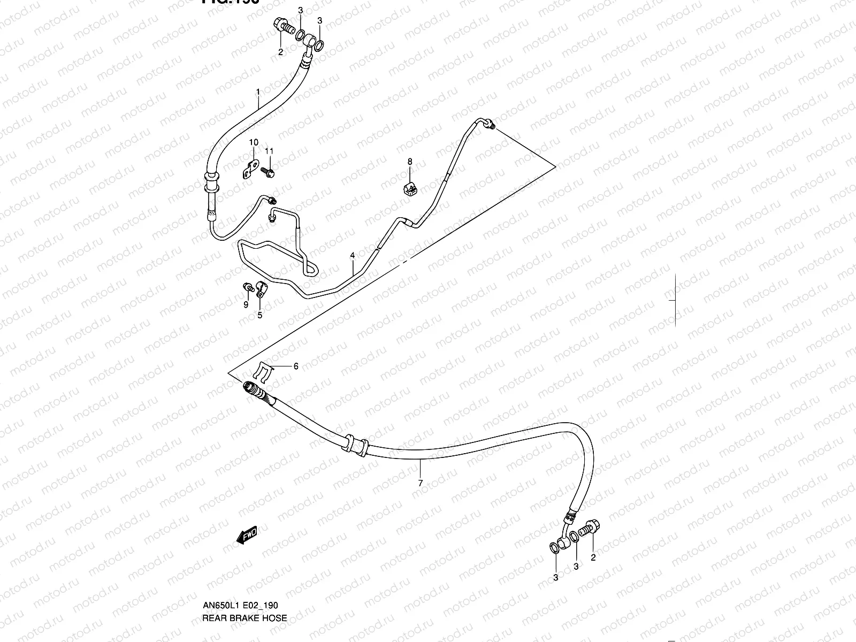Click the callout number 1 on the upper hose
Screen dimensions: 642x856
(258, 92)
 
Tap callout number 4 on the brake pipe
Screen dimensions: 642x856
(353, 256)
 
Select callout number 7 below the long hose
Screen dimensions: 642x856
(421, 483)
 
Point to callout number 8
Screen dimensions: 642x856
(410, 161)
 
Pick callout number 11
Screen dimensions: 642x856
(269, 151)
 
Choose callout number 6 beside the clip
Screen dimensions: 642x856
(295, 366)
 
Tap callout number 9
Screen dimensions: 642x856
(246, 304)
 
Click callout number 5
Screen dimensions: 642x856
(260, 315)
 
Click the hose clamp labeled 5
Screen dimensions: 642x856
(262, 289)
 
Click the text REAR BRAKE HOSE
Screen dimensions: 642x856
(244, 618)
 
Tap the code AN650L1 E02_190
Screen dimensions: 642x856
(240, 605)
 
